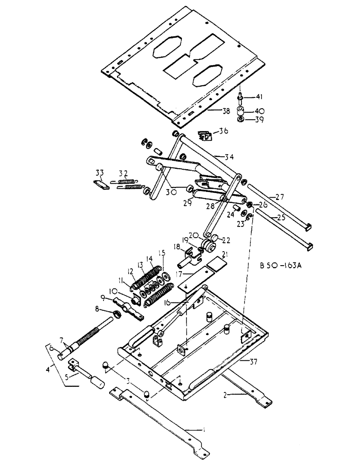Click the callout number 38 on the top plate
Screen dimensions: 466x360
tap(213, 111)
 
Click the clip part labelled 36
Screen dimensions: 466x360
tap(204, 136)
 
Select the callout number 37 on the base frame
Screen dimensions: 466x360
tap(250, 361)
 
